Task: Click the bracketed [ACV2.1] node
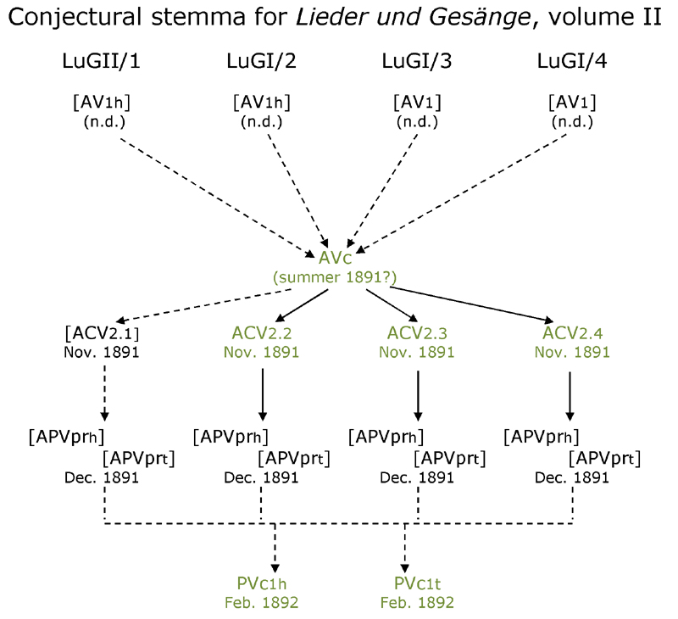[x=103, y=332]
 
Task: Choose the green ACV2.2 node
[x=262, y=332]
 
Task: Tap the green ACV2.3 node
[x=417, y=332]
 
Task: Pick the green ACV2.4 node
[x=572, y=332]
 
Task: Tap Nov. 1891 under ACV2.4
[x=572, y=351]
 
